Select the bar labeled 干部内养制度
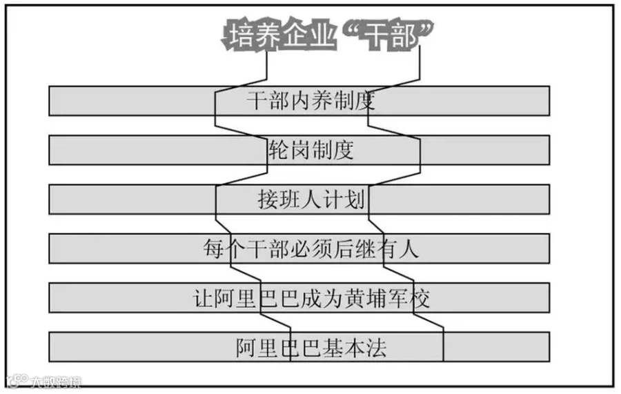(x=299, y=101)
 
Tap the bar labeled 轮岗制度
(x=299, y=150)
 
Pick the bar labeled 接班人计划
(x=299, y=199)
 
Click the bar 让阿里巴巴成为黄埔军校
(x=299, y=297)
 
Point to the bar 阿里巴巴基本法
(x=299, y=346)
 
